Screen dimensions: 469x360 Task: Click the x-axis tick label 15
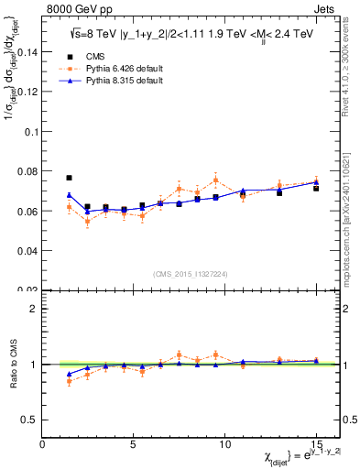point(316,444)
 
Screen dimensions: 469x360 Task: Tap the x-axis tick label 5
point(134,444)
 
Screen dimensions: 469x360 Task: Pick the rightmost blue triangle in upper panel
point(316,182)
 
